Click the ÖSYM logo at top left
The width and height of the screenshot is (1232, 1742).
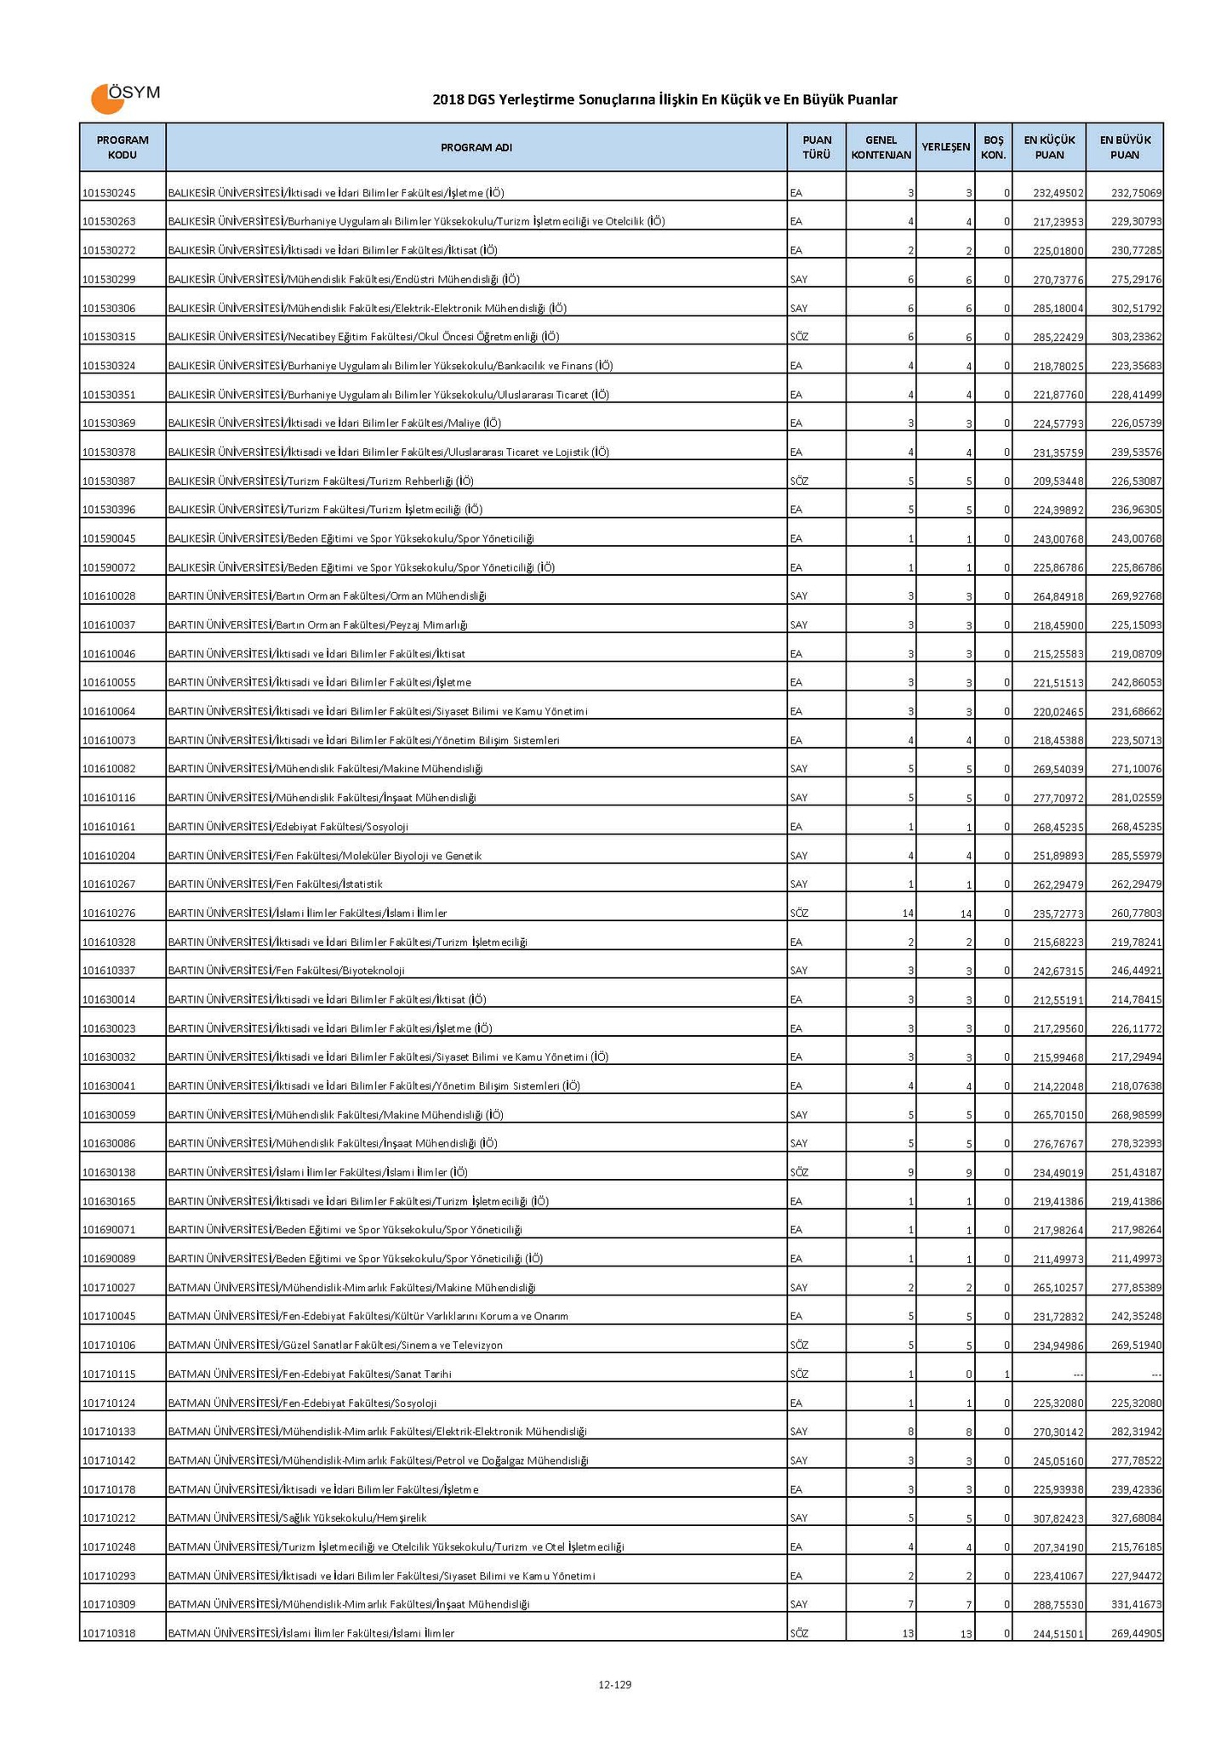(x=124, y=98)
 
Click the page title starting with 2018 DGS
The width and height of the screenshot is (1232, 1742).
(x=664, y=100)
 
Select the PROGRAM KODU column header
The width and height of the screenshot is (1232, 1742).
(x=123, y=147)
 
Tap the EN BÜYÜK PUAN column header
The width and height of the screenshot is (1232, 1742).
(x=1125, y=147)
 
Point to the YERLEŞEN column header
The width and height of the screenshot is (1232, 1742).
(x=945, y=147)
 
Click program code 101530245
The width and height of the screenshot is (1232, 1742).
(x=110, y=193)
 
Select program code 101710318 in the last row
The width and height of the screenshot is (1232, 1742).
(x=110, y=1633)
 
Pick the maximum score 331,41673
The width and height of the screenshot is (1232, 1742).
(x=1136, y=1604)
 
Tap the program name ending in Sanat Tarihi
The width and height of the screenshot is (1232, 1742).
(x=310, y=1374)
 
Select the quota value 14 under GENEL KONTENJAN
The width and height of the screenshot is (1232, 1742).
(x=908, y=914)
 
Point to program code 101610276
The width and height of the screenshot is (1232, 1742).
(x=110, y=914)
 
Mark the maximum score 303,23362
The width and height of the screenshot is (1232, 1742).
(x=1136, y=337)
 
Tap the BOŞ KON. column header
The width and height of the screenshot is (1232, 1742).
(x=993, y=147)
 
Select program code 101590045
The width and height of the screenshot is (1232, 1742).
(x=110, y=538)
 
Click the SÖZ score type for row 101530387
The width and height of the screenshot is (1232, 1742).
(x=799, y=481)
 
